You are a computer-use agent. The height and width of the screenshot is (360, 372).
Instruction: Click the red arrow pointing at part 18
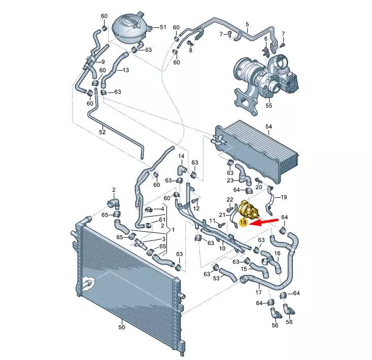click(x=265, y=222)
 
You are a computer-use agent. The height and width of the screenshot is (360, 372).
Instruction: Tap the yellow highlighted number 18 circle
click(x=243, y=222)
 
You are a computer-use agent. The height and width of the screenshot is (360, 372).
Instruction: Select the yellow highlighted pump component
click(x=248, y=209)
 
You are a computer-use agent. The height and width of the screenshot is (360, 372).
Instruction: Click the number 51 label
click(x=163, y=27)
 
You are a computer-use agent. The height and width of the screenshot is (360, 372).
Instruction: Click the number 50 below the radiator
click(x=121, y=328)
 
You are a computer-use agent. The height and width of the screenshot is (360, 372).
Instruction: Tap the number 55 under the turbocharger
click(x=269, y=106)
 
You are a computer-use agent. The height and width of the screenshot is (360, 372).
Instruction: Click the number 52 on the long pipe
click(x=103, y=131)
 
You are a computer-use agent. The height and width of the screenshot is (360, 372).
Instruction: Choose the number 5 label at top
click(x=247, y=24)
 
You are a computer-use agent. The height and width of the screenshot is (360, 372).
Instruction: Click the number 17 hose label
click(x=258, y=293)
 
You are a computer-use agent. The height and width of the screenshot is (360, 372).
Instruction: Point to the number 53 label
click(x=216, y=278)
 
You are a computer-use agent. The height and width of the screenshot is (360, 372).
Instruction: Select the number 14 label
click(x=181, y=156)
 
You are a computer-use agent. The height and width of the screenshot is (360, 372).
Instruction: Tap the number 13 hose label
click(x=126, y=70)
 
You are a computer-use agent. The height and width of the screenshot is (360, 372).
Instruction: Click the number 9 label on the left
click(x=103, y=62)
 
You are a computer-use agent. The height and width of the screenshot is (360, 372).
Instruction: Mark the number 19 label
click(x=284, y=197)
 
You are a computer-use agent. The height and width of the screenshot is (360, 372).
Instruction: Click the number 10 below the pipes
click(x=222, y=248)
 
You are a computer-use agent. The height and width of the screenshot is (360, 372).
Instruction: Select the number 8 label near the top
click(x=190, y=51)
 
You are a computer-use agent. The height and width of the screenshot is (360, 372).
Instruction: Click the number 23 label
click(x=230, y=180)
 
